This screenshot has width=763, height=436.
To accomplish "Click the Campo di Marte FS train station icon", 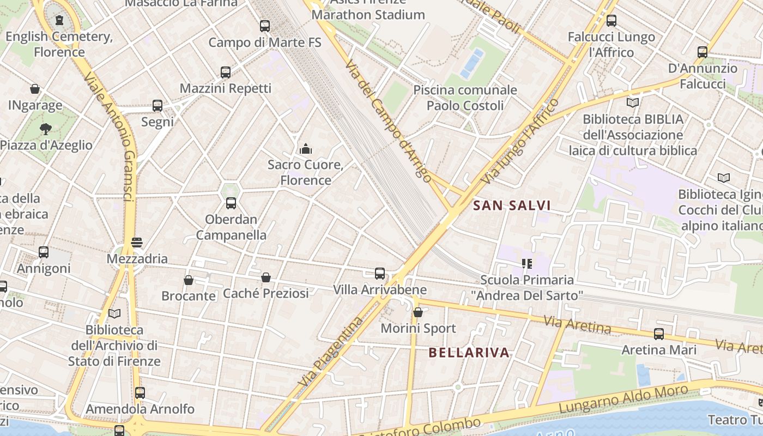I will pos(265,26).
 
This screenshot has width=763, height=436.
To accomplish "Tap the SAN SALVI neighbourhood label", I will pos(512,205).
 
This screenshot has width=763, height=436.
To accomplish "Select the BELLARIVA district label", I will pos(469,353).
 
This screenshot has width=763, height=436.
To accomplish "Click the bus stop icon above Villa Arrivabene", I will pos(380,274).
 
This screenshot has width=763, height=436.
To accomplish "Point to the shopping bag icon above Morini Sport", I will pos(418,312).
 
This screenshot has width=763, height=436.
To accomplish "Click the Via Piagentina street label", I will pos(331,352).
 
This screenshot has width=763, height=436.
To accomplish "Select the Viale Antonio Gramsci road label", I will pos(111,136).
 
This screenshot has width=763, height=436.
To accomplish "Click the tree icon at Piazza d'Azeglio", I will pos(46,129).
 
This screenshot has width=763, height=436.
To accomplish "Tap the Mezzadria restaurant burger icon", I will pos(137,243).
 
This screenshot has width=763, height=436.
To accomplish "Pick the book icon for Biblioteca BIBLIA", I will pos(633,102).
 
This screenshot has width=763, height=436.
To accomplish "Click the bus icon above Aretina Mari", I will pos(659,334).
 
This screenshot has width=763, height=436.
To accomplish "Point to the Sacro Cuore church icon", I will pos(306,149).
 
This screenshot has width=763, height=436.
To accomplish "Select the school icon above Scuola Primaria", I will pos(526,264).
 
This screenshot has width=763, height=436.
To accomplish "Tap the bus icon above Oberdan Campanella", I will pos(231,203).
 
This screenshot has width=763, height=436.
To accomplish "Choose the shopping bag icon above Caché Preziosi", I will pos(266,277).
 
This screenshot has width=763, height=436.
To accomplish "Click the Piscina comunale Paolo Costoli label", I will pos(465,98).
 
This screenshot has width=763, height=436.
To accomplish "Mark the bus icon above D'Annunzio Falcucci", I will pos(703,52).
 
